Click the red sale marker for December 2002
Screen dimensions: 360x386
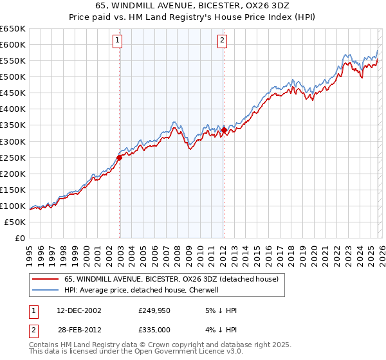point(120,157)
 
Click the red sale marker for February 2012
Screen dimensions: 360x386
point(224,130)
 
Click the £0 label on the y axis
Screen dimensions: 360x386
point(21,238)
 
